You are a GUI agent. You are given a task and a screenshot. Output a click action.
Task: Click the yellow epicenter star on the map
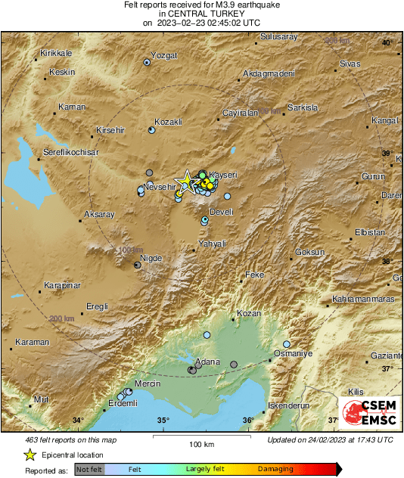(183, 180)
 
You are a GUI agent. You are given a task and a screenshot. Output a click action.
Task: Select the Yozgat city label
(165, 56)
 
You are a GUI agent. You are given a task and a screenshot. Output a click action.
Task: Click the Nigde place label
(152, 259)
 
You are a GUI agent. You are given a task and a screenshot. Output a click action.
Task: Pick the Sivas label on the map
(350, 64)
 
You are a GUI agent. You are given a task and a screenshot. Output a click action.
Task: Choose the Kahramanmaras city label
(364, 299)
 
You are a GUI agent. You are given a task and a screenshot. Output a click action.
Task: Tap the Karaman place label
(33, 343)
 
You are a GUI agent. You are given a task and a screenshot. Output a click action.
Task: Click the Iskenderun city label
(290, 405)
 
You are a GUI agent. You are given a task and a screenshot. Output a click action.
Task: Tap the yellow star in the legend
(30, 455)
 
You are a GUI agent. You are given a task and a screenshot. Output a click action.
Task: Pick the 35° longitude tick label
(163, 421)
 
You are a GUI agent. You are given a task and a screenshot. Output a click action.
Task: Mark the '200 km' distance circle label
(63, 319)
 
